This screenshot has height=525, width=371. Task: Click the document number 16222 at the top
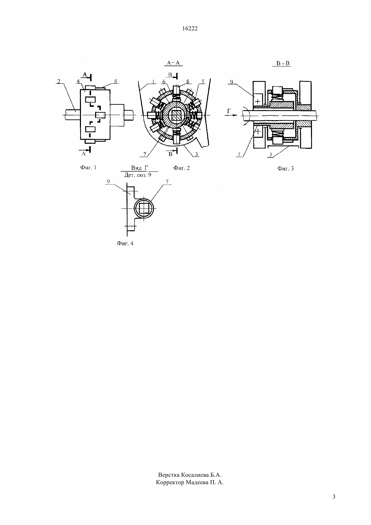click(190, 28)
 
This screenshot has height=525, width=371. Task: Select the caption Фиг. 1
click(88, 167)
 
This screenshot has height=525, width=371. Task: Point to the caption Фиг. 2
click(181, 168)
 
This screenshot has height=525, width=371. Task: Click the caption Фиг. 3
click(285, 168)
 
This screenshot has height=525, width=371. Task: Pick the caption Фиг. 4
click(125, 243)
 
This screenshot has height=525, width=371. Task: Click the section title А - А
click(173, 63)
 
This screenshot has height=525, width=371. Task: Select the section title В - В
click(283, 63)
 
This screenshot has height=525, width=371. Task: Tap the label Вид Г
click(140, 168)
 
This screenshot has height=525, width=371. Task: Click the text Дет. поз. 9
click(138, 175)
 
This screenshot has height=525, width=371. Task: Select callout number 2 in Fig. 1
click(59, 81)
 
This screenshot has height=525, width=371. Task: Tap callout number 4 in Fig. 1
click(78, 81)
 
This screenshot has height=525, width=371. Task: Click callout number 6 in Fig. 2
click(164, 81)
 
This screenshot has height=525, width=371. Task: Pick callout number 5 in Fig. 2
click(203, 81)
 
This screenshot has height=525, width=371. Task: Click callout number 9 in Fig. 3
click(231, 82)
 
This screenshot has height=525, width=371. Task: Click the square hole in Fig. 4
click(144, 209)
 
